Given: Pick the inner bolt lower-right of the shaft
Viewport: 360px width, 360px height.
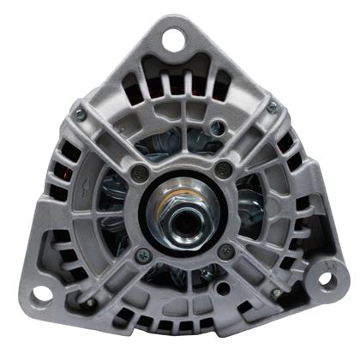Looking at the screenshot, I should click(x=226, y=250).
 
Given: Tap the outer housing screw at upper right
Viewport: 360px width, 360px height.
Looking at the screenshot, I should click(x=273, y=107).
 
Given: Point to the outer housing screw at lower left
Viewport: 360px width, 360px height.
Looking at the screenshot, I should click(x=88, y=302).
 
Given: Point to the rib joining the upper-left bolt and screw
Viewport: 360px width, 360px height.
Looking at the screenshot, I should click(x=109, y=142).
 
